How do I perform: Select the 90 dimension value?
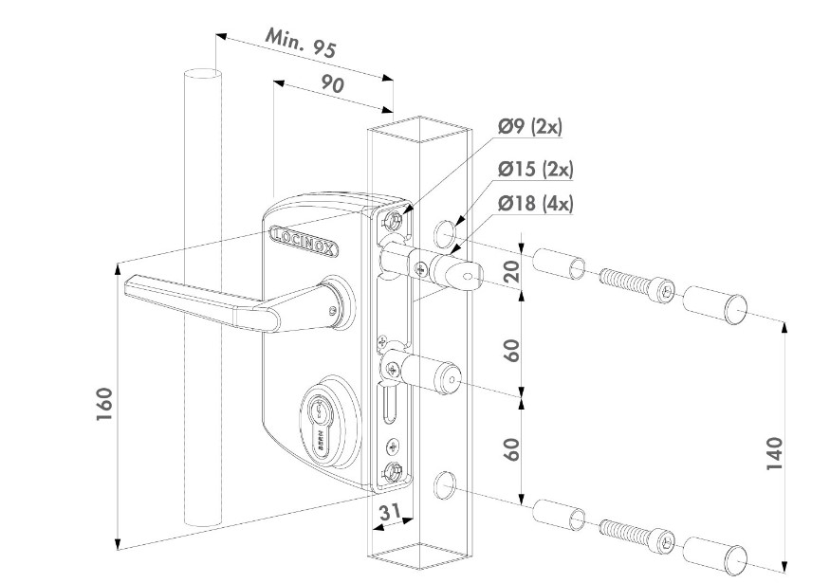click(332, 83)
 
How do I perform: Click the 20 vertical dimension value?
click(513, 273)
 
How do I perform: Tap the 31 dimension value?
click(389, 512)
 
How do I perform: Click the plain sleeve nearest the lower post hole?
click(560, 518)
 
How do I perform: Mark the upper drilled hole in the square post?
click(445, 233)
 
